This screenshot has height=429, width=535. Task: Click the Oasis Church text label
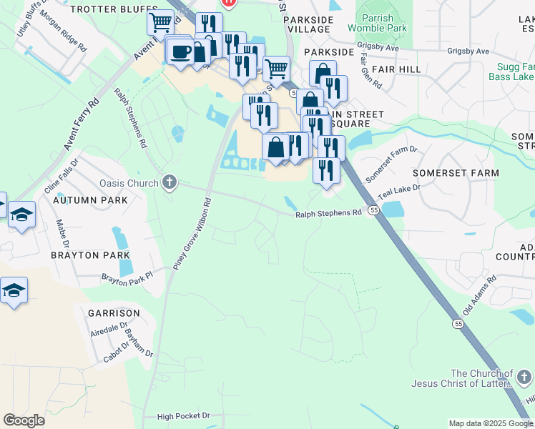[129, 183]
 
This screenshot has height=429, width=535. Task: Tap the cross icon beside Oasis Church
[169, 182]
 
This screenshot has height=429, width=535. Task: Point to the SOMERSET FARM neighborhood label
[456, 173]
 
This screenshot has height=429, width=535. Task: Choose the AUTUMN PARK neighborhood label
[90, 200]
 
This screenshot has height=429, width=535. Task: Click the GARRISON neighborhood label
[114, 313]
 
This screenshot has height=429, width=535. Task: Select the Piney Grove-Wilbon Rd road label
[190, 234]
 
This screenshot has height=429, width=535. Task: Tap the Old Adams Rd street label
[479, 295]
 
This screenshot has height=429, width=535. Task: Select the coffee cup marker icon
[180, 51]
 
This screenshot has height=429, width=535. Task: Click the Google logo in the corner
[24, 420]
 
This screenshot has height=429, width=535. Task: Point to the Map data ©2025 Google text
[491, 423]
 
